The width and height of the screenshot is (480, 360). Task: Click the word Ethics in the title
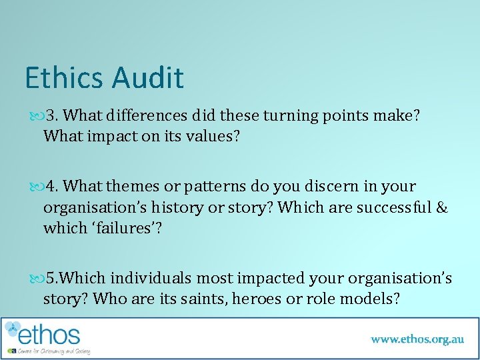[x=65, y=77]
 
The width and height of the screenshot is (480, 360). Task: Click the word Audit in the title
[x=147, y=77]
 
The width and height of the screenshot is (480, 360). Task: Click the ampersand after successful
[x=442, y=207]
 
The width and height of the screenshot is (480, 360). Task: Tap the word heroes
[x=257, y=299]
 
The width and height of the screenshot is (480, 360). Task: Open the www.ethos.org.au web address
[x=417, y=339]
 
